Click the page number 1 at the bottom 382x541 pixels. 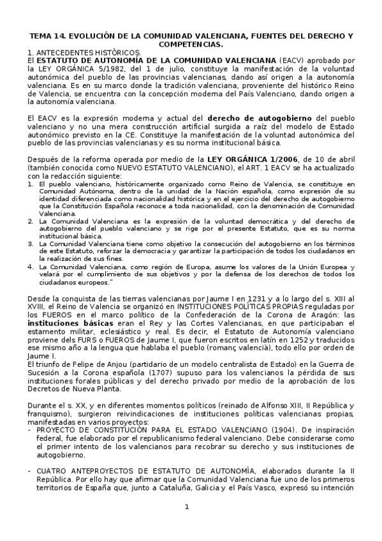click(x=187, y=507)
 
